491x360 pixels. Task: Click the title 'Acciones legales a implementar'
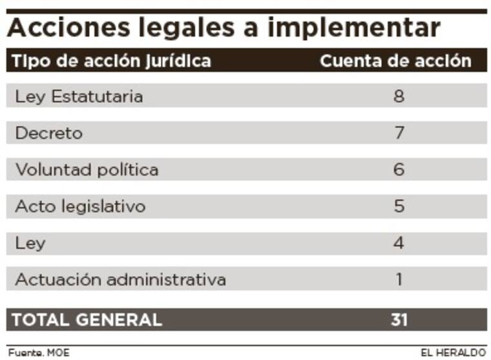pyautogui.click(x=224, y=28)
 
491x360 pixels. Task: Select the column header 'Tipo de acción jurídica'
pyautogui.click(x=112, y=61)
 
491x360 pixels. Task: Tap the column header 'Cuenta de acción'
pyautogui.click(x=395, y=61)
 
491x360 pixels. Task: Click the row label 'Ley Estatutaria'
pyautogui.click(x=79, y=96)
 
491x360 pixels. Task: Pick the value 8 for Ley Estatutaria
pyautogui.click(x=399, y=96)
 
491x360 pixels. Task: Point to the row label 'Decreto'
pyautogui.click(x=49, y=133)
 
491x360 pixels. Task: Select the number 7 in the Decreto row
pyautogui.click(x=399, y=133)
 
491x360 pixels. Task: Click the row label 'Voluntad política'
pyautogui.click(x=87, y=170)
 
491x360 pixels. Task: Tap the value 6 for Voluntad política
pyautogui.click(x=399, y=170)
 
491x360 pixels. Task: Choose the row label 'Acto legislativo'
pyautogui.click(x=80, y=207)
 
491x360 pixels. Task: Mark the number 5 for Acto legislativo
pyautogui.click(x=399, y=207)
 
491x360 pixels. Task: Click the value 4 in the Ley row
pyautogui.click(x=399, y=244)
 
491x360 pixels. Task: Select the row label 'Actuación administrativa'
pyautogui.click(x=120, y=280)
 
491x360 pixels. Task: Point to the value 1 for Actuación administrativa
pyautogui.click(x=399, y=280)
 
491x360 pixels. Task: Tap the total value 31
pyautogui.click(x=399, y=319)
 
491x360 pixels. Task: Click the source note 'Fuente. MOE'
pyautogui.click(x=38, y=353)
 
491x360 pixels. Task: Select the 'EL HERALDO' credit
pyautogui.click(x=453, y=353)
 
